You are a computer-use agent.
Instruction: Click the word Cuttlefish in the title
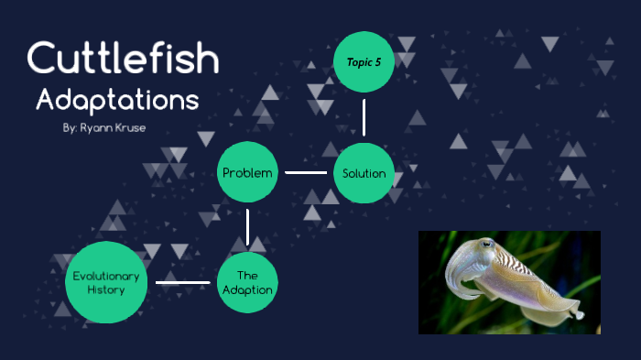[x=124, y=59]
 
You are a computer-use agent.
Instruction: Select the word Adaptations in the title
[x=116, y=99]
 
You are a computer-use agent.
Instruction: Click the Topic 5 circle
[x=364, y=61]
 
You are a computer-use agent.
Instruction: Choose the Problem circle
[x=246, y=172]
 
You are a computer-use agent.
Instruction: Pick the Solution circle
[x=364, y=172]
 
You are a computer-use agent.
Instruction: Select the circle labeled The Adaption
[x=246, y=282]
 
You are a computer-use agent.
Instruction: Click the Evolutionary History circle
[x=106, y=282]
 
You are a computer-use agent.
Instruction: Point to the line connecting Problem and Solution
[x=305, y=172]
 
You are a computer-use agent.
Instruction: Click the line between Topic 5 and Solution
[x=364, y=116]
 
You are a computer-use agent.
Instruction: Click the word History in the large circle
[x=106, y=289]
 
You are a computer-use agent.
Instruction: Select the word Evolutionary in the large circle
[x=106, y=275]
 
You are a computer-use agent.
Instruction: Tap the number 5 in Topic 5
[x=376, y=61]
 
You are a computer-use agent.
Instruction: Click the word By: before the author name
[x=70, y=128]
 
